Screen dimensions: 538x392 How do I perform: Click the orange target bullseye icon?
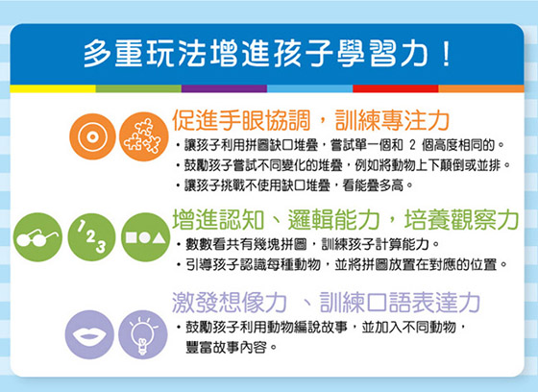pos(92,136)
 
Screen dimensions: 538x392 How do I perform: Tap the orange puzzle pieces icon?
pos(143,136)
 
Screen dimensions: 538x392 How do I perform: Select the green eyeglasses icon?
pos(37,237)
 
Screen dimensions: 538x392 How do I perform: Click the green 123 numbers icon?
pos(91,237)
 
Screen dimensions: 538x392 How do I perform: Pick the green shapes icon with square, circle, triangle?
pos(145,237)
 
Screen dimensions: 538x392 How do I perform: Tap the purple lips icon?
pos(89,334)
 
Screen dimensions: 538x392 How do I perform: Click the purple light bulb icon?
pos(143,334)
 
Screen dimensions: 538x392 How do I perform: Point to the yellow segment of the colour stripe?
pos(53,88)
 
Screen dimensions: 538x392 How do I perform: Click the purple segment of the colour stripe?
pos(224,88)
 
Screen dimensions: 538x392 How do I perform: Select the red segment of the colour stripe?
pos(396,88)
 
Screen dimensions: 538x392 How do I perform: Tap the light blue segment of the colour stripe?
pos(309,88)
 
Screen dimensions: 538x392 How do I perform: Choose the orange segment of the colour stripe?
pos(481,88)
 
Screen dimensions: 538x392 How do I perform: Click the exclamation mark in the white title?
pos(446,54)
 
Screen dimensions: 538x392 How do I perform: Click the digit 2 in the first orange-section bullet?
pos(412,145)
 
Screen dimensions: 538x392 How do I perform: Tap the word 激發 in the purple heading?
pos(194,302)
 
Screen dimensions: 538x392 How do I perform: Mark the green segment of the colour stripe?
pos(138,88)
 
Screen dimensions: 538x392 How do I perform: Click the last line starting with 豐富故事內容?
pos(231,348)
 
